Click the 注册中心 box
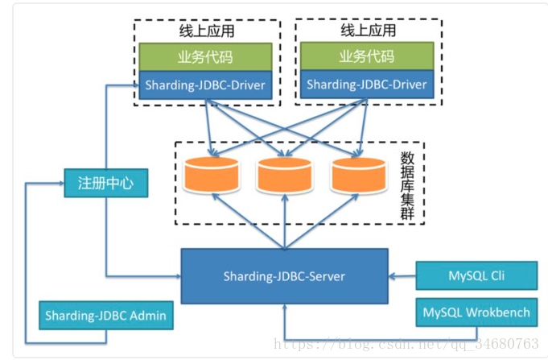pos(106,183)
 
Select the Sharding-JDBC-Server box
pos(285,276)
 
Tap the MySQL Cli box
pos(476,275)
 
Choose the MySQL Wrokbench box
pos(476,312)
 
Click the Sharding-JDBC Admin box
pos(106,315)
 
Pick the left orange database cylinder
pos(212,175)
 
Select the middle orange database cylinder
pos(285,175)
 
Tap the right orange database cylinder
pos(359,175)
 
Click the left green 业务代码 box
pos(205,57)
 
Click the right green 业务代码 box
pos(367,56)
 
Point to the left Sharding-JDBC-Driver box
pos(205,85)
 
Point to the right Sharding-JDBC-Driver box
pos(367,85)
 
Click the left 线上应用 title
pos(207,31)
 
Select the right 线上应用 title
pos(369,30)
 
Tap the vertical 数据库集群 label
pos(407,185)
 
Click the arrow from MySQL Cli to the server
pos(402,276)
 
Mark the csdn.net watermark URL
pos(406,344)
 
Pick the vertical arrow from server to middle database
pos(285,221)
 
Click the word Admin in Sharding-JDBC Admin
pos(148,316)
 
